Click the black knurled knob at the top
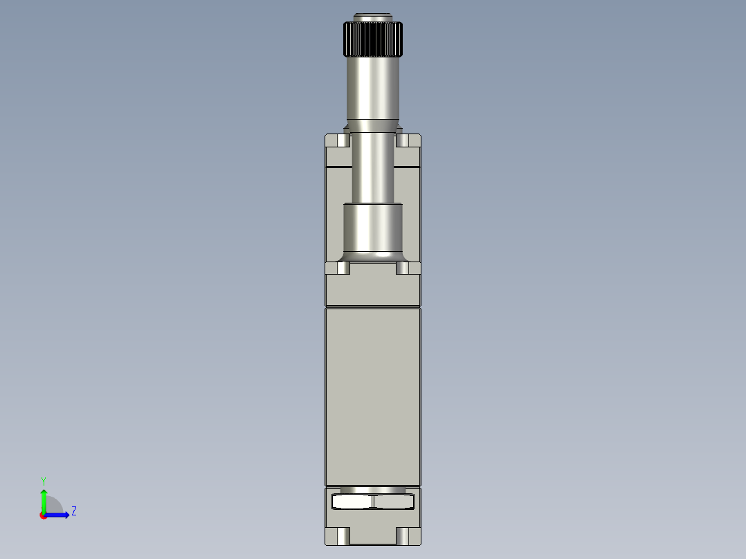[x=373, y=39]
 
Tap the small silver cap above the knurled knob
[x=373, y=17]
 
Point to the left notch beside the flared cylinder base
[x=343, y=268]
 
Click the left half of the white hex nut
[x=352, y=502]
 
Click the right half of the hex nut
[x=393, y=502]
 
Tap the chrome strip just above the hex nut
[x=373, y=490]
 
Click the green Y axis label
[x=43, y=480]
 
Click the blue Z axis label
[x=73, y=511]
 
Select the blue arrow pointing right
[x=60, y=515]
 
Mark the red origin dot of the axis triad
[x=44, y=515]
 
